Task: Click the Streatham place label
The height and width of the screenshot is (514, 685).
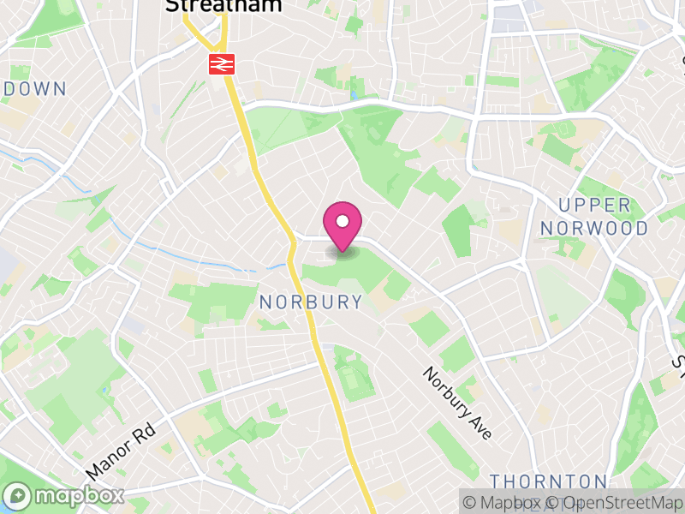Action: [223, 6]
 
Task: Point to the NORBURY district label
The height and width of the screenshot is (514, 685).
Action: [311, 302]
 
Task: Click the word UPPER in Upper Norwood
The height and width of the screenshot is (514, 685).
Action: [594, 206]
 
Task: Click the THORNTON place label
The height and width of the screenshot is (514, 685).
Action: [549, 481]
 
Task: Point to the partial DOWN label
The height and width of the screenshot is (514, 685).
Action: [34, 88]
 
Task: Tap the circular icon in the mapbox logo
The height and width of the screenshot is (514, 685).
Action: [18, 496]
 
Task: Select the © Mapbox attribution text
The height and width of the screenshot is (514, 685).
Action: [510, 502]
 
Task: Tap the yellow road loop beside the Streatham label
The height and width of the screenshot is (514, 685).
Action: [205, 34]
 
